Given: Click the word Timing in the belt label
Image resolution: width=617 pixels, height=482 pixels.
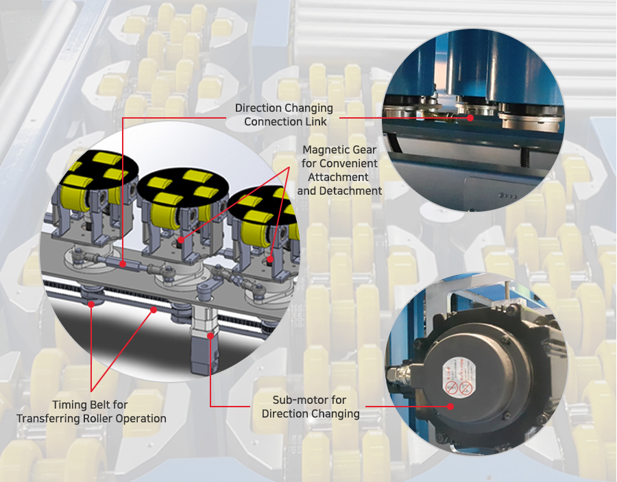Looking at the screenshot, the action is [70, 405].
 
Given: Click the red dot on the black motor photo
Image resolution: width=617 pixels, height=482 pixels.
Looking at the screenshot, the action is [450, 407].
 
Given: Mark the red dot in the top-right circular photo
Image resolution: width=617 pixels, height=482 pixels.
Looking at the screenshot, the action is [470, 118].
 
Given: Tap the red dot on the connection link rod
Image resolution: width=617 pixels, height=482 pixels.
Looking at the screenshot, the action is [123, 264].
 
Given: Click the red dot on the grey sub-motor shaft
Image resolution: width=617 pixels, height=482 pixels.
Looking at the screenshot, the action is [210, 336].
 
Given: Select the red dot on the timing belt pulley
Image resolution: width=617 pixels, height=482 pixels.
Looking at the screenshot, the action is [91, 304].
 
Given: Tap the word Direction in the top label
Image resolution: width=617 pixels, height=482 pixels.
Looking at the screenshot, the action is [258, 108].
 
